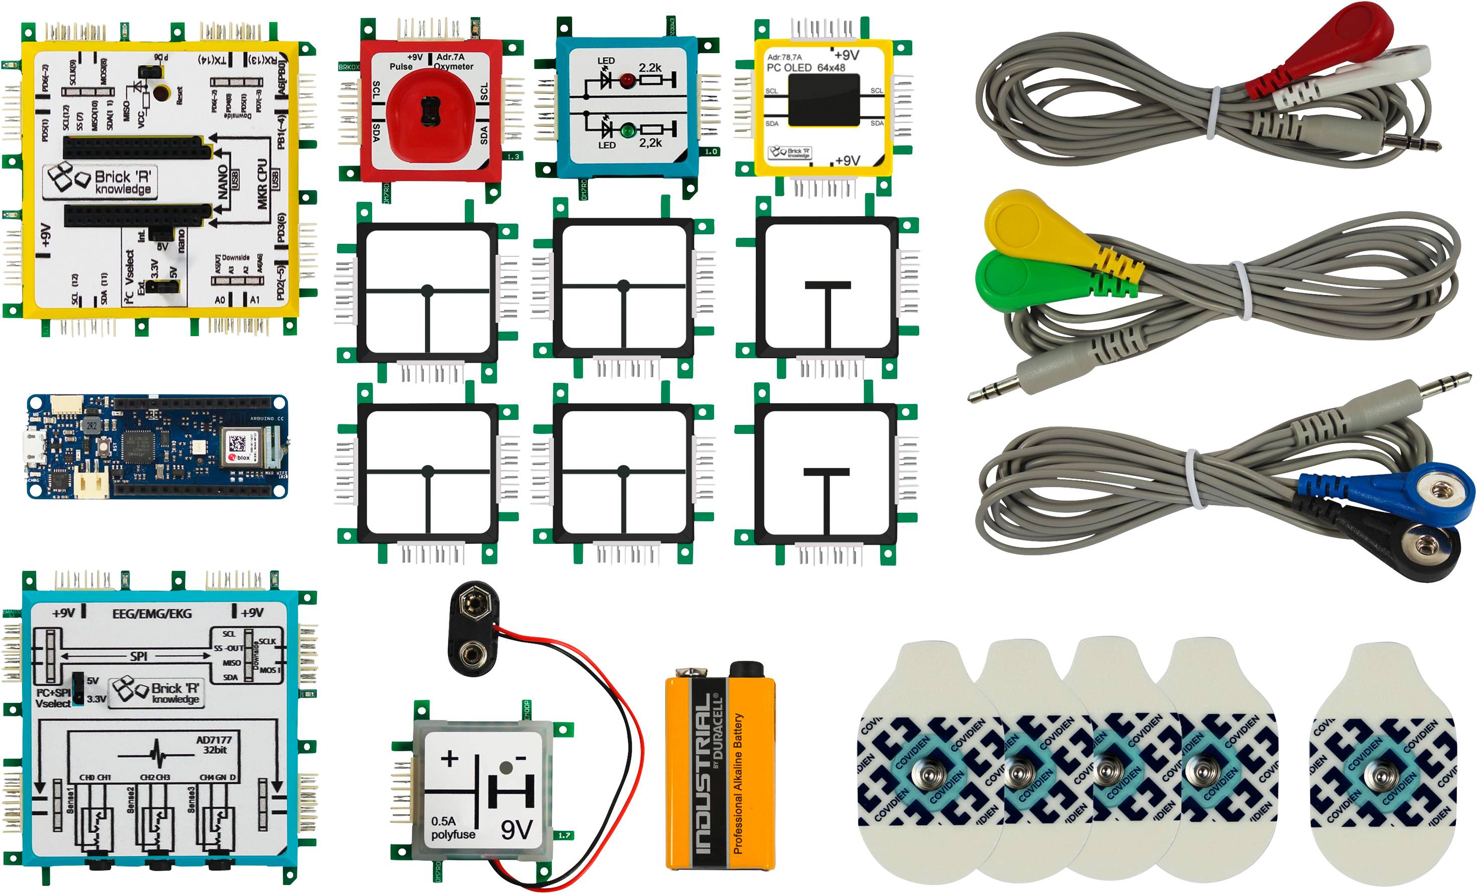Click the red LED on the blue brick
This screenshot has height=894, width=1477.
627,80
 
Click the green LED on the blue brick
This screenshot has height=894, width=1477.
627,129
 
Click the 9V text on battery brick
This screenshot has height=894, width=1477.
516,830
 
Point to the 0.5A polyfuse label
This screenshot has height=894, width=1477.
452,827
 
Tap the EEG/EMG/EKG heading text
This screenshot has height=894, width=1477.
151,614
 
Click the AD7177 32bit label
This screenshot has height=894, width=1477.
214,744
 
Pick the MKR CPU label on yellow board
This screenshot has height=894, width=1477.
261,184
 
